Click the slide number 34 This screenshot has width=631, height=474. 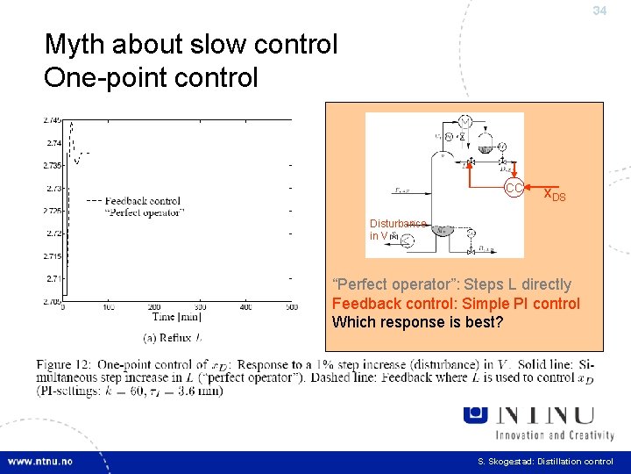599,11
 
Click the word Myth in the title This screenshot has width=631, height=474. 73,45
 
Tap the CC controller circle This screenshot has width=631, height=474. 514,189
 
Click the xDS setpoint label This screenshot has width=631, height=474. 555,194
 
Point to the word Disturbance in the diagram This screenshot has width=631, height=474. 398,224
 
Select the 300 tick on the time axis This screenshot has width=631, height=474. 200,307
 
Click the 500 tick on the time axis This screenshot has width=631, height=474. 291,307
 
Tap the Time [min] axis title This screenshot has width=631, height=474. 177,318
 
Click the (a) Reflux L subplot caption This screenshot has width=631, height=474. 173,337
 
